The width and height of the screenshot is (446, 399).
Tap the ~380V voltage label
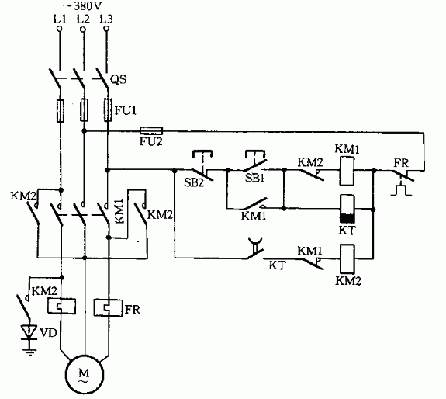coord(85,5)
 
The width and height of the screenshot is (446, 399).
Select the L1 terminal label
coord(60,19)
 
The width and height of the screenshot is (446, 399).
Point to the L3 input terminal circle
coord(106,29)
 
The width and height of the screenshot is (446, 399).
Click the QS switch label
coord(118,79)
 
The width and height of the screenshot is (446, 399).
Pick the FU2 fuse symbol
coord(151,130)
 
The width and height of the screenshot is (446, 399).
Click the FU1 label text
coord(126,110)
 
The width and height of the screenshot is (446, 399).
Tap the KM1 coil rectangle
coord(347,171)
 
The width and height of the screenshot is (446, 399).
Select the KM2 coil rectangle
coord(347,258)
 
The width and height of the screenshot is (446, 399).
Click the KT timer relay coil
coord(347,209)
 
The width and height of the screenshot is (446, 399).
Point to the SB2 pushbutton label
coord(194,182)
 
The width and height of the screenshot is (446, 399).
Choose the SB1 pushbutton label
coord(255,179)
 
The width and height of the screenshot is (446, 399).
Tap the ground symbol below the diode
coord(29,349)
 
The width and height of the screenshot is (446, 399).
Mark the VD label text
coord(48,332)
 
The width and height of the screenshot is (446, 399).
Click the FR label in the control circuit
coord(401,163)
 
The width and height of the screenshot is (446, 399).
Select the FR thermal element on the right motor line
coord(108,307)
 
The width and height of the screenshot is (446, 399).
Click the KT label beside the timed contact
coord(277,265)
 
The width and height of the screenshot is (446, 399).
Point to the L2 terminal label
coord(83,19)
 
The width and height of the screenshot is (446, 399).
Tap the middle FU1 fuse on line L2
coord(84,110)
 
